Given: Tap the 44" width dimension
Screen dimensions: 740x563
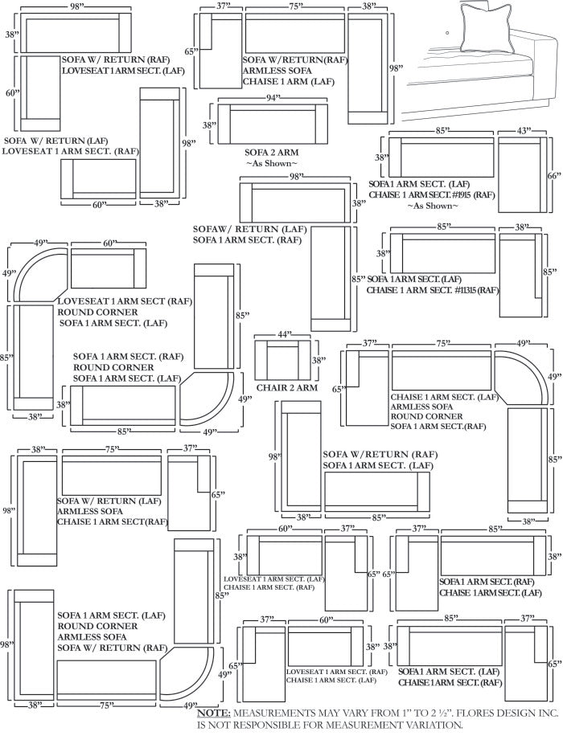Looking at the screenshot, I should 282,333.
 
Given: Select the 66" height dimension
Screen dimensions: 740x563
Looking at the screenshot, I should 553,175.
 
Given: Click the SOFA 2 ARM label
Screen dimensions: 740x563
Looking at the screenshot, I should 271,152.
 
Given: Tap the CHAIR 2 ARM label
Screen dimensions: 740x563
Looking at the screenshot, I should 286,388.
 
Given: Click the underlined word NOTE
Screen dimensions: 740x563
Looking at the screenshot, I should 214,713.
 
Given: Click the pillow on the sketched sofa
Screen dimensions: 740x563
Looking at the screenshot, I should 485,28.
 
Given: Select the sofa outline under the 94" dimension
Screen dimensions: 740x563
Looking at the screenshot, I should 272,125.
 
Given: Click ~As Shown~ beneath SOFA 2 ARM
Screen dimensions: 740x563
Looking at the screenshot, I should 271,163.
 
